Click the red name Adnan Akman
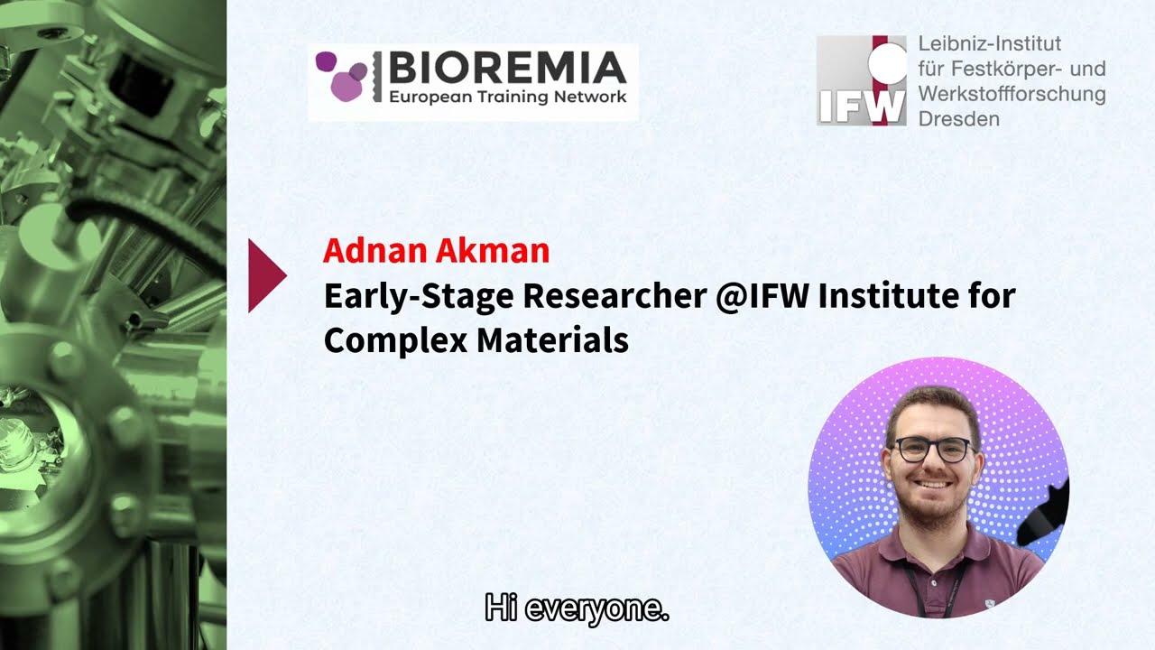pyautogui.click(x=436, y=251)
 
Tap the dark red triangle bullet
pyautogui.click(x=265, y=275)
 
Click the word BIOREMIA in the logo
pyautogui.click(x=507, y=68)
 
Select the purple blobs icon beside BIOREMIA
pyautogui.click(x=342, y=76)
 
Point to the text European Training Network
pyautogui.click(x=507, y=97)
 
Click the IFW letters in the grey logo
pyautogui.click(x=861, y=107)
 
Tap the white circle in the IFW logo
pyautogui.click(x=887, y=64)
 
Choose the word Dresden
pyautogui.click(x=958, y=119)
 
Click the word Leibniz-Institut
pyautogui.click(x=990, y=44)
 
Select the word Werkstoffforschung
pyautogui.click(x=1012, y=94)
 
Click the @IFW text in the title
pyautogui.click(x=762, y=296)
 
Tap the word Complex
pyautogui.click(x=395, y=341)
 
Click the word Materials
pyautogui.click(x=552, y=340)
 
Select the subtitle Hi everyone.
pyautogui.click(x=577, y=608)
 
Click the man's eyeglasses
pyautogui.click(x=932, y=450)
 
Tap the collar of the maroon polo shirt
pyautogui.click(x=932, y=542)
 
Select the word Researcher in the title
pyautogui.click(x=614, y=296)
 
